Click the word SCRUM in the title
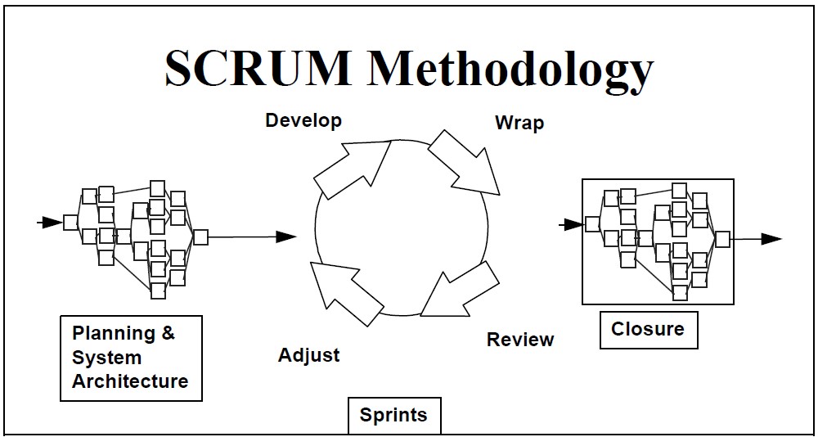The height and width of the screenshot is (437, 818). pos(258,69)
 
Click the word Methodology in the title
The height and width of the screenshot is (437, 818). pos(510,73)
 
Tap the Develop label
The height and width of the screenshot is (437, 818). pos(303,120)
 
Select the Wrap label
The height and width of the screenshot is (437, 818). pos(519,124)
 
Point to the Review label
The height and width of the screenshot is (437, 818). pos(520,340)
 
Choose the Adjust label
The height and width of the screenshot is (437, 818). pos(309,356)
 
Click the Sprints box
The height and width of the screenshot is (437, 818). pos(394,415)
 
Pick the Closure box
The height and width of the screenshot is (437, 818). pos(649,330)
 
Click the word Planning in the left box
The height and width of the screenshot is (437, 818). pos(113,334)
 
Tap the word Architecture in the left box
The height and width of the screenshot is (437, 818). pos(130,381)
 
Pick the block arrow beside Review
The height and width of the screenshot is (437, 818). pos(460,290)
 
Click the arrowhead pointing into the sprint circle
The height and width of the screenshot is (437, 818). pos(286,237)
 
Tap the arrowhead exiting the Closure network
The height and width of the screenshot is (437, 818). pos(771,239)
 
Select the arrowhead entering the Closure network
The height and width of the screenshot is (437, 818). pos(574,225)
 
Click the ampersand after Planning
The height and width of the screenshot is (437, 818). pos(168,332)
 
